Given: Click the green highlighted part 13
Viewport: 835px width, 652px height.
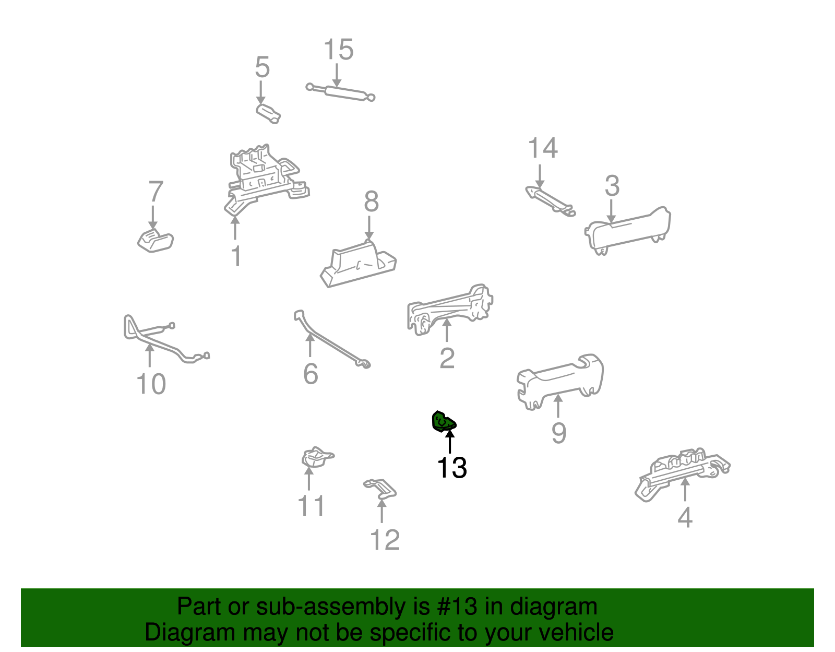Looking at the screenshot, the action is [444, 422].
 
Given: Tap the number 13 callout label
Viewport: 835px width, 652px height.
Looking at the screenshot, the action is [452, 468].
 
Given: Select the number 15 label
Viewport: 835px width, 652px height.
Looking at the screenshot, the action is [339, 50].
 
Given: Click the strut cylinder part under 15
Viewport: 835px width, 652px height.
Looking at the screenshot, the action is [340, 92].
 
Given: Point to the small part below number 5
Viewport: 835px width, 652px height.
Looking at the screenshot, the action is [268, 114].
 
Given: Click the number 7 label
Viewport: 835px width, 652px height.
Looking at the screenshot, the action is [156, 192].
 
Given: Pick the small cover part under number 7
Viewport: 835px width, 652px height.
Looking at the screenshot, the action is [156, 241].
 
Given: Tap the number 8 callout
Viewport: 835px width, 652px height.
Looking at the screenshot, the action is [371, 201].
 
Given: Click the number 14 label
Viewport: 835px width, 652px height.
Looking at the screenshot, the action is [543, 148].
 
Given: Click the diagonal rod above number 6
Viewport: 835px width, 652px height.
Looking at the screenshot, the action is [331, 340].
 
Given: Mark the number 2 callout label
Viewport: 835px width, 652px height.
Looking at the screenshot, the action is [447, 358].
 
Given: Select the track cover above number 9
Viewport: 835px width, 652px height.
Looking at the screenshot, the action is [560, 382].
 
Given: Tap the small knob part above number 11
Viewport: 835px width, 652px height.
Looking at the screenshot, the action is [317, 458].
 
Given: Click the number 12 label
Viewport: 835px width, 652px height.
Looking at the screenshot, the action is [385, 540].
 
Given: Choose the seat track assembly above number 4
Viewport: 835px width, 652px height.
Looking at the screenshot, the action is [683, 474].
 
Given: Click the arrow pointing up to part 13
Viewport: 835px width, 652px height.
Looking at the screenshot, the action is [449, 442].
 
